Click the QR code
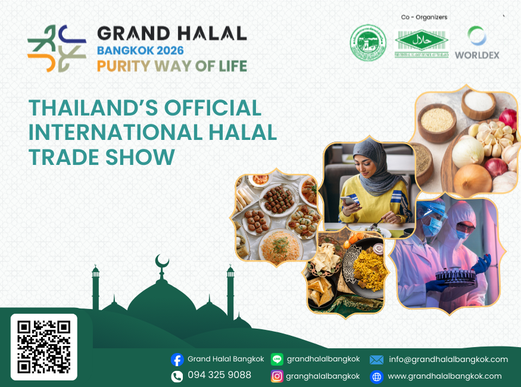(43, 347)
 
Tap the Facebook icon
(177, 360)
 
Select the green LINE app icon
(277, 359)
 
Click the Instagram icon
(277, 376)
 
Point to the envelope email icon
(376, 360)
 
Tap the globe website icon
(376, 376)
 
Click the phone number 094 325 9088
(219, 375)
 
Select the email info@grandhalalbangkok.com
(448, 359)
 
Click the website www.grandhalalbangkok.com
(445, 376)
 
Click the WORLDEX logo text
(477, 55)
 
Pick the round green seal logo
(368, 42)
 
